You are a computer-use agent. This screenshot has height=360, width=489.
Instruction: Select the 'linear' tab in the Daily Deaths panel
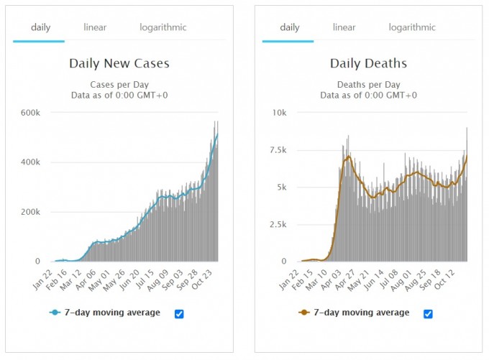pos(344,27)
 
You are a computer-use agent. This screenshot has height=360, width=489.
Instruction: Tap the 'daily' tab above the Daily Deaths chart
pos(289,27)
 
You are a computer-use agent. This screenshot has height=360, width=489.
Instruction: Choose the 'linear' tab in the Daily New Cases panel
pos(95,27)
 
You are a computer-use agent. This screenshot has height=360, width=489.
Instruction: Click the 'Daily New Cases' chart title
pos(119,63)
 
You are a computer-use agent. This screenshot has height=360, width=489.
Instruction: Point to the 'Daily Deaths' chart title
pos(368,63)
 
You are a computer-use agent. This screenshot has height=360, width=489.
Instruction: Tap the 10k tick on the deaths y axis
pos(278,113)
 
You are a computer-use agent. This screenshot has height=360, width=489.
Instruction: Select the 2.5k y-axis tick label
pos(276,224)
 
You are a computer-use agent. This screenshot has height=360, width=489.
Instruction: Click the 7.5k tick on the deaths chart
pos(276,150)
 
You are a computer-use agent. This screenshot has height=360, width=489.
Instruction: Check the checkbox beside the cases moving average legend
pos(178,313)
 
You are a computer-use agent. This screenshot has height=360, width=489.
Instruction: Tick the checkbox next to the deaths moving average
pos(428,313)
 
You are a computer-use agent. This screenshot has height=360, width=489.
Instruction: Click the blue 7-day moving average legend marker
pos(55,313)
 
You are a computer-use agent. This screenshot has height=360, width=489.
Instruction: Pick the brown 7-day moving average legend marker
pos(304,313)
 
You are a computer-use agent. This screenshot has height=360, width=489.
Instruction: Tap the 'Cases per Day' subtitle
pos(119,83)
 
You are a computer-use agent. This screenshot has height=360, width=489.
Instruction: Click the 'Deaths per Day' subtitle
pos(368,83)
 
